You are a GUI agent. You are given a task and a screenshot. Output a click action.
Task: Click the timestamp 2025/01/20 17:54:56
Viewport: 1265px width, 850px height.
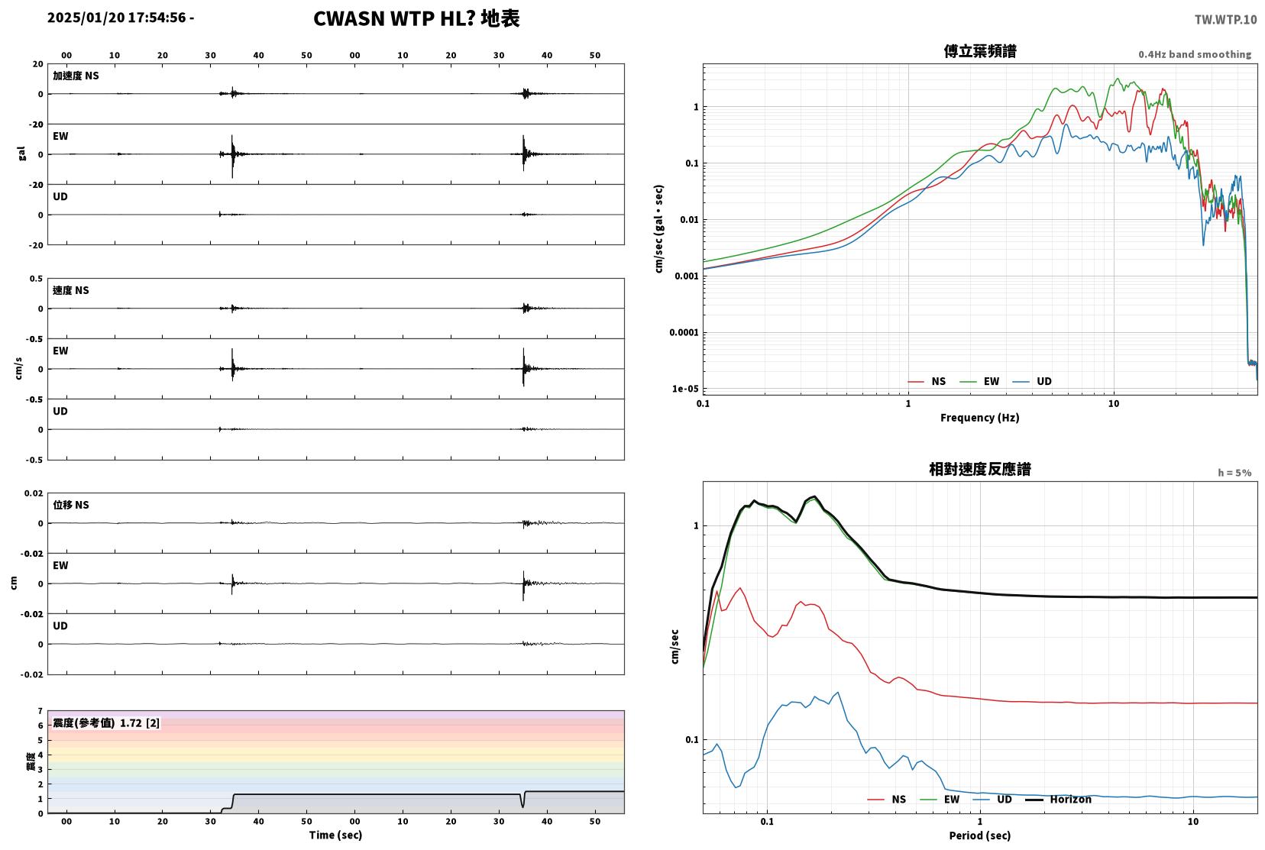click(x=116, y=18)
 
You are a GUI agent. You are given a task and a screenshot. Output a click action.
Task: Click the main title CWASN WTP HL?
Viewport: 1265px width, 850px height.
click(x=393, y=18)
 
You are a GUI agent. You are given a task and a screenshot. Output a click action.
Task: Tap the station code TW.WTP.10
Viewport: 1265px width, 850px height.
click(x=1225, y=20)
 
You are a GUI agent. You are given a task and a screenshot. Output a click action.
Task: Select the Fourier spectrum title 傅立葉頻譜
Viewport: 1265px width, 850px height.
click(x=980, y=51)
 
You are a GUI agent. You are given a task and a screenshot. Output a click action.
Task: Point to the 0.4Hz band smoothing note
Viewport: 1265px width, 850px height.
click(x=1195, y=54)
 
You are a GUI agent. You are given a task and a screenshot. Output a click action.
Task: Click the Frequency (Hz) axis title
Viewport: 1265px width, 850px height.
click(x=980, y=418)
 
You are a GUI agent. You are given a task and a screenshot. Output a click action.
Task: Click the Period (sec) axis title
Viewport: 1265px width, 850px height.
click(x=980, y=835)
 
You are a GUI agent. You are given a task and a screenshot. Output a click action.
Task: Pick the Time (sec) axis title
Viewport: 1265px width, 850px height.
click(x=335, y=835)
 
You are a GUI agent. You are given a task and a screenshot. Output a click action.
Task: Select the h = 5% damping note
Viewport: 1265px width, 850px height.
click(x=1234, y=473)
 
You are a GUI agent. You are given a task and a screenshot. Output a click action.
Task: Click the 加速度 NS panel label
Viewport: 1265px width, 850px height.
click(x=76, y=76)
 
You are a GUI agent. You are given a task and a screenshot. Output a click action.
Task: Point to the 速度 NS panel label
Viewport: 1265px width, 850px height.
click(x=70, y=290)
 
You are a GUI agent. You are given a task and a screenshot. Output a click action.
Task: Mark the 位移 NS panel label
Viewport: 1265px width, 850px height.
click(x=70, y=505)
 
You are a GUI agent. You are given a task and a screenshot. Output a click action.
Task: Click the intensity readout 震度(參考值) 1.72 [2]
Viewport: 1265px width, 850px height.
click(x=106, y=723)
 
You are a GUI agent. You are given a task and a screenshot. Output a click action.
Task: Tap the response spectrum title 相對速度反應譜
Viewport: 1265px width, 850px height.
click(x=980, y=469)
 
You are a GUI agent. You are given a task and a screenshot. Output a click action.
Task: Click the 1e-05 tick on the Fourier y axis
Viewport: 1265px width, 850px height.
click(x=685, y=389)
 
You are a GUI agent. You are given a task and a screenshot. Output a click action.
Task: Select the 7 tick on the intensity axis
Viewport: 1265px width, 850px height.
click(x=40, y=711)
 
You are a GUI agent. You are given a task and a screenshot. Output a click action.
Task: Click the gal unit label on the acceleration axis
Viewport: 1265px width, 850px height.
click(x=21, y=154)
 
